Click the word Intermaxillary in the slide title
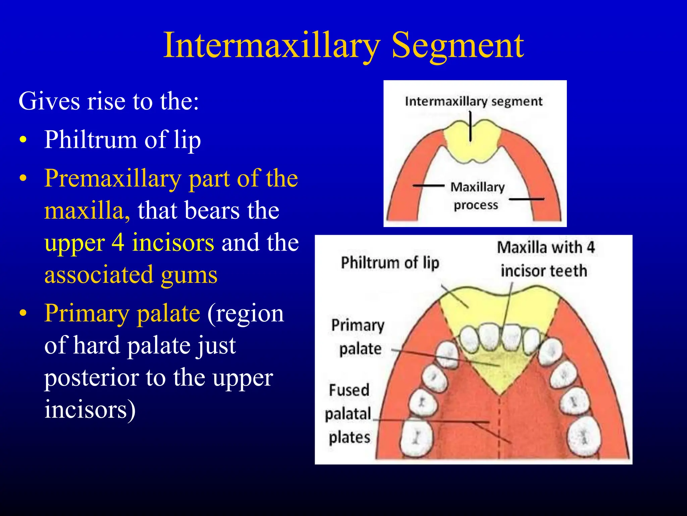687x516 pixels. click(x=272, y=45)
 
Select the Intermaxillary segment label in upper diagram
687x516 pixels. click(x=473, y=101)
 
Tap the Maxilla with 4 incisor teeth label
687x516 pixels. click(x=545, y=259)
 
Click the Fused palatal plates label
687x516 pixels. click(x=349, y=414)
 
